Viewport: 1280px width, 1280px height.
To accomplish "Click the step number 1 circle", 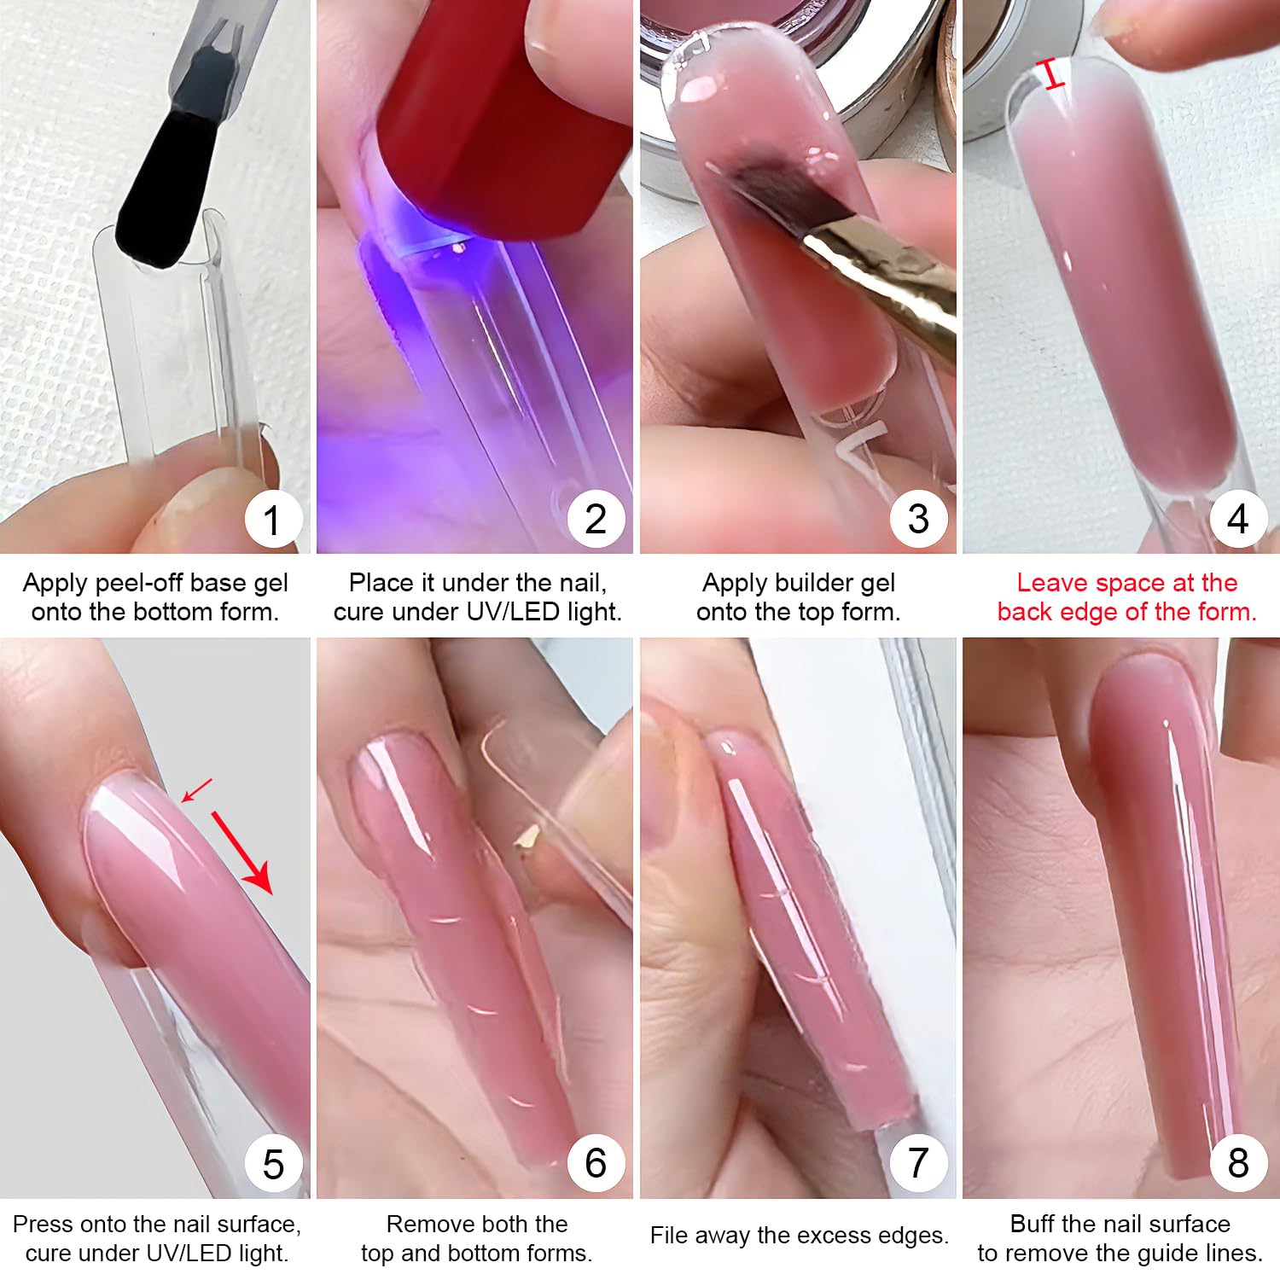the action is tap(272, 519).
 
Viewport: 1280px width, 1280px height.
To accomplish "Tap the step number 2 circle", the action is tap(596, 519).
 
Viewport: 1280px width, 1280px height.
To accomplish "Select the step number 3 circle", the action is tap(918, 519).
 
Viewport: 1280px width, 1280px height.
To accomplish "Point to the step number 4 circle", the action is tap(1238, 519).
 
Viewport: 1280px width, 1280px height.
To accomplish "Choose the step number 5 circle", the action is tap(272, 1163).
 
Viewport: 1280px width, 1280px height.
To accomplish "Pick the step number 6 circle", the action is tap(596, 1163).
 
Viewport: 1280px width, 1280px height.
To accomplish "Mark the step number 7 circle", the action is tap(918, 1163).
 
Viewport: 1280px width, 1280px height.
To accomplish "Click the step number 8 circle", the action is tap(1238, 1163).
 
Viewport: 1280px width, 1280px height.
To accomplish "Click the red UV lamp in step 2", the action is tap(503, 111).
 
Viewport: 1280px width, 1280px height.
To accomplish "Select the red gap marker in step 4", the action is tap(1054, 75).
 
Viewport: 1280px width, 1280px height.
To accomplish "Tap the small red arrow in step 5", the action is tap(197, 790).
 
